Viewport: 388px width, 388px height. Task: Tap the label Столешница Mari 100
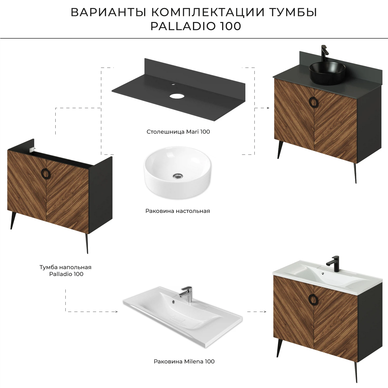click(178, 132)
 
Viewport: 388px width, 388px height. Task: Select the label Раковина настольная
click(178, 211)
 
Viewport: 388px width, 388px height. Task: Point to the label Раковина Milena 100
click(184, 361)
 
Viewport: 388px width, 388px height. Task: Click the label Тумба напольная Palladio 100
click(66, 271)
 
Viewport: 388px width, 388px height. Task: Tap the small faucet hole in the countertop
click(173, 84)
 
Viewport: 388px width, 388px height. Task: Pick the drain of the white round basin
click(178, 176)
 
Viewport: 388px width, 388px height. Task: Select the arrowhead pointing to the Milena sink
click(116, 312)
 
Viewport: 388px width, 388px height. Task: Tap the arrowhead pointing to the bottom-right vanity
click(265, 312)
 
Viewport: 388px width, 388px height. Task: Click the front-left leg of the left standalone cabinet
click(12, 220)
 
